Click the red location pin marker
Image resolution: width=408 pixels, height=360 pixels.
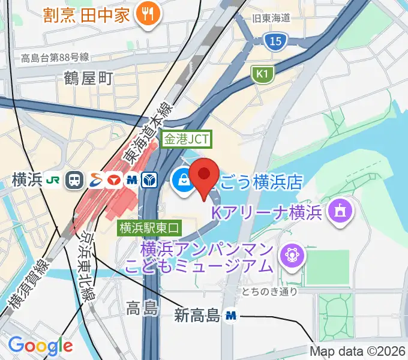click(204, 176)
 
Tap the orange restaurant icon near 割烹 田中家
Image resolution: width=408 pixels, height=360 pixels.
click(145, 15)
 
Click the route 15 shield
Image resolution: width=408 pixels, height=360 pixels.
click(273, 41)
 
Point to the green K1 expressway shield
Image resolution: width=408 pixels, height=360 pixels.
click(261, 74)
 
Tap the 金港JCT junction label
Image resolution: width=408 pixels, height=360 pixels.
click(187, 139)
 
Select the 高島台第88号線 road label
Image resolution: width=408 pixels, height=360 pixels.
click(55, 58)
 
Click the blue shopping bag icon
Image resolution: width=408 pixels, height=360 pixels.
click(181, 179)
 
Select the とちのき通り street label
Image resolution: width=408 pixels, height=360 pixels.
click(269, 292)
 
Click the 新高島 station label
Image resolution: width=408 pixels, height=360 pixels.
click(197, 315)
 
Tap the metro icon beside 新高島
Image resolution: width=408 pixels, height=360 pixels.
click(230, 315)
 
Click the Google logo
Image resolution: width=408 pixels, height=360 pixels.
click(40, 346)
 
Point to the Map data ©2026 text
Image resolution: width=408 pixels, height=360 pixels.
click(358, 351)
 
